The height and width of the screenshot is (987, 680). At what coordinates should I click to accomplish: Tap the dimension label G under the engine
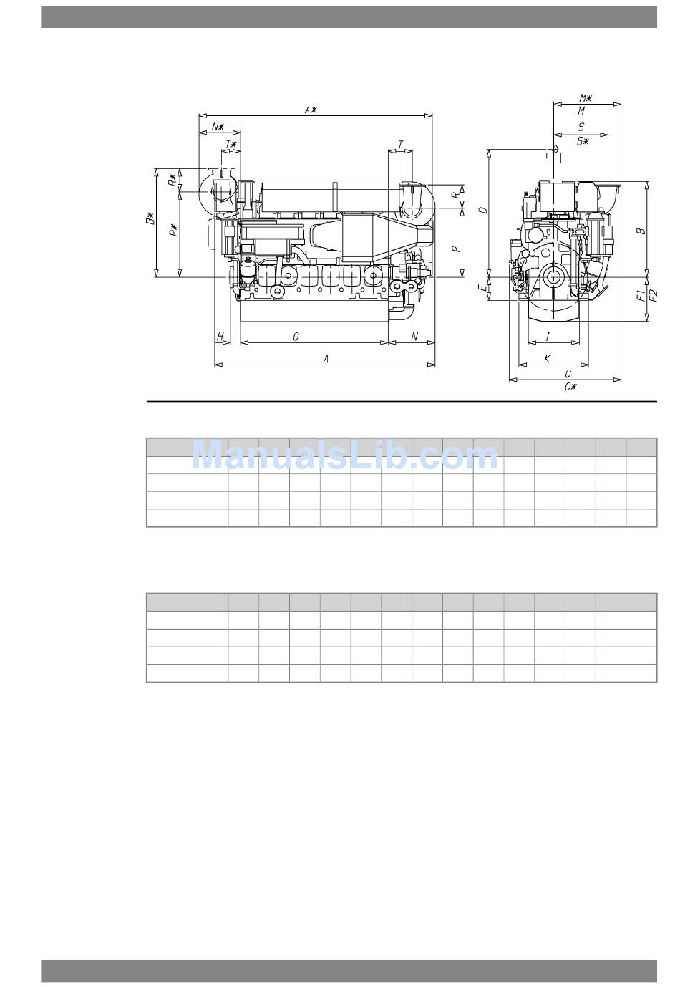click(x=296, y=337)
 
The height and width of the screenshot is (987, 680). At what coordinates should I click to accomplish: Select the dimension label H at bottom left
click(x=220, y=337)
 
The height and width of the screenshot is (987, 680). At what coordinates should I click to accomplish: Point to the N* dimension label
click(x=218, y=127)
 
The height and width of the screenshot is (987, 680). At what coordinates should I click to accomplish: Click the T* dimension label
click(x=231, y=144)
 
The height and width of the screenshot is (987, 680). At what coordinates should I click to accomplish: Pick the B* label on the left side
click(x=150, y=218)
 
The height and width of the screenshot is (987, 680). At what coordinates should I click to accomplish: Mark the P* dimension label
click(x=175, y=230)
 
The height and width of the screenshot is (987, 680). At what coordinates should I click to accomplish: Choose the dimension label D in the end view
click(x=484, y=209)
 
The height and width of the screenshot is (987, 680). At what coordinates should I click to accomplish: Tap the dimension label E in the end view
click(x=484, y=288)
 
